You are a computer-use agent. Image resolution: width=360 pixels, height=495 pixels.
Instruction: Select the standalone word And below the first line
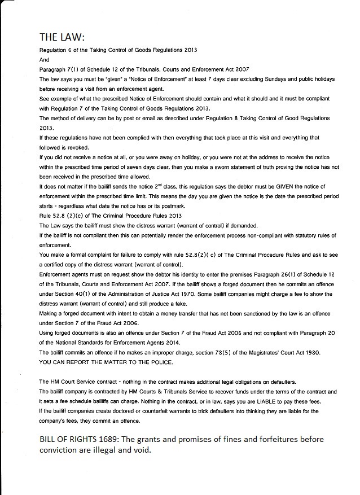44,59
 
